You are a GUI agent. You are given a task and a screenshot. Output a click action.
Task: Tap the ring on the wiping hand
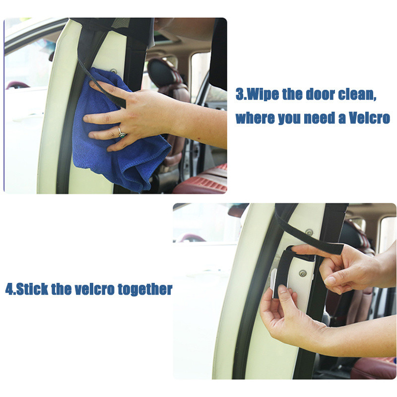click(x=121, y=132)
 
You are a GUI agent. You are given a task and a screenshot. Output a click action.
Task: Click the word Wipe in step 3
click(x=263, y=94)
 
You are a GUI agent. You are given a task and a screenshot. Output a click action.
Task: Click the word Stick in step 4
click(x=32, y=289)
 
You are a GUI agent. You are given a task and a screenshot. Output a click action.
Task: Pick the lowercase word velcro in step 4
click(x=94, y=289)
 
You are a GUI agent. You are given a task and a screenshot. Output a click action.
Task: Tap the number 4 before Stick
click(x=8, y=289)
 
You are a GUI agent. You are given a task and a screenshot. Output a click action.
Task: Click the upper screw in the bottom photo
click(x=310, y=232)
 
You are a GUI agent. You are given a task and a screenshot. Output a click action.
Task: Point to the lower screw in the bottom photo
click(x=302, y=273)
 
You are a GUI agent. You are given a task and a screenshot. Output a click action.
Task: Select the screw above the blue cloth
click(x=113, y=71)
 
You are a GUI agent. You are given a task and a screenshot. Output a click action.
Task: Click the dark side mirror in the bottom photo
click(x=238, y=211)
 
